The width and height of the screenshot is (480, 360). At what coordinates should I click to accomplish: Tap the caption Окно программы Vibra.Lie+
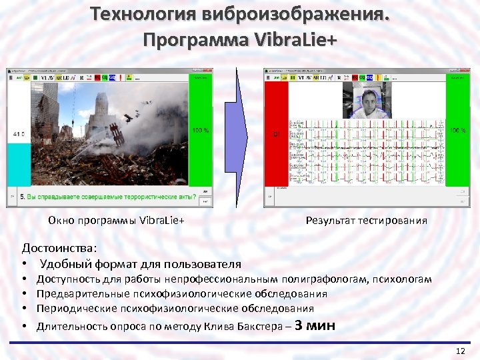[x=116, y=221]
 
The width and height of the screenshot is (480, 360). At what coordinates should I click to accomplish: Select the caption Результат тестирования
[x=366, y=221]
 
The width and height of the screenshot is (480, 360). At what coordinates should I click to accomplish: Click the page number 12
[x=459, y=351]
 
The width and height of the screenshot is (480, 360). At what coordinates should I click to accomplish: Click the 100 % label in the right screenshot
[x=457, y=131]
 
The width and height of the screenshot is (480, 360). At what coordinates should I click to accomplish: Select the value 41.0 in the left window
[x=19, y=135]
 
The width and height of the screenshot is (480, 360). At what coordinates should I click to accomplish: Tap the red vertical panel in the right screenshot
[x=276, y=133]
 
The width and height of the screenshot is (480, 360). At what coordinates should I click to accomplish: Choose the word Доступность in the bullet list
[x=65, y=279]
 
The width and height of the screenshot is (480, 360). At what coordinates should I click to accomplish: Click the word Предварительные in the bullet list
[x=77, y=294]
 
